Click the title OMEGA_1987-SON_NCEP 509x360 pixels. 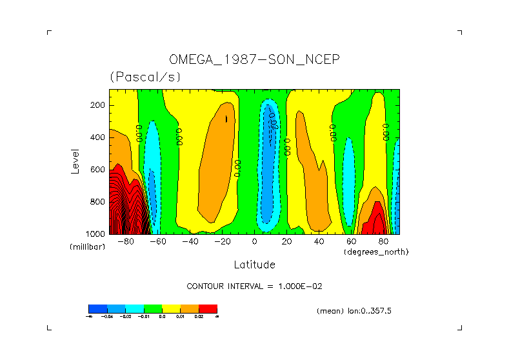coord(254,59)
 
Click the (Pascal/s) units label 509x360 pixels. coord(145,77)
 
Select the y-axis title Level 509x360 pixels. coord(75,161)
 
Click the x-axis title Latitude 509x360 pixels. coord(254,265)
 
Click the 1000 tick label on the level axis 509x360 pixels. coord(96,234)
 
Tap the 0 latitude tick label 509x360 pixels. coord(254,242)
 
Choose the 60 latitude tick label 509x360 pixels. coord(351,242)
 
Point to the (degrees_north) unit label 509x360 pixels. coord(375,252)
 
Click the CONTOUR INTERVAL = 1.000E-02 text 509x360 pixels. coord(254,286)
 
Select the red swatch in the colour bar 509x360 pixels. coord(208,308)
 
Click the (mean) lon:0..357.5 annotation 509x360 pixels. coord(354,311)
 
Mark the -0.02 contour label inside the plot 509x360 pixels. coord(274,123)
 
